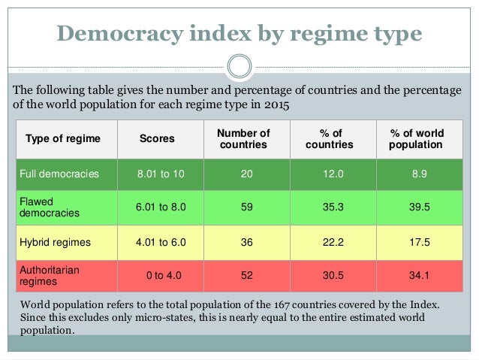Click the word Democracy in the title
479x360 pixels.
[120, 33]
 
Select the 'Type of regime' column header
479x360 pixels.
[63, 138]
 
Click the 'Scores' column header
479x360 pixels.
[157, 138]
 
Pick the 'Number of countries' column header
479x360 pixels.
[243, 139]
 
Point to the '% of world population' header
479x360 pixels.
[417, 139]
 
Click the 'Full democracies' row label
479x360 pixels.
[59, 174]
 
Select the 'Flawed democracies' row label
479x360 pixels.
[50, 207]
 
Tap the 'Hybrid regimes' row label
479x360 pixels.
[55, 242]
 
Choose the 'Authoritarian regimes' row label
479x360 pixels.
[50, 276]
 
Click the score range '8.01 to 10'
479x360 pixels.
[161, 174]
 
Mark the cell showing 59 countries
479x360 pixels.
[247, 207]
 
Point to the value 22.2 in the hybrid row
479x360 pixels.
[333, 242]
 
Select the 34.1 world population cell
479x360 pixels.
[419, 275]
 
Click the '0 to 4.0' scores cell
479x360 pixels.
[164, 275]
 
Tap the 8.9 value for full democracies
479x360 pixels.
[420, 174]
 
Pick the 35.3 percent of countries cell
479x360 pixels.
[333, 207]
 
